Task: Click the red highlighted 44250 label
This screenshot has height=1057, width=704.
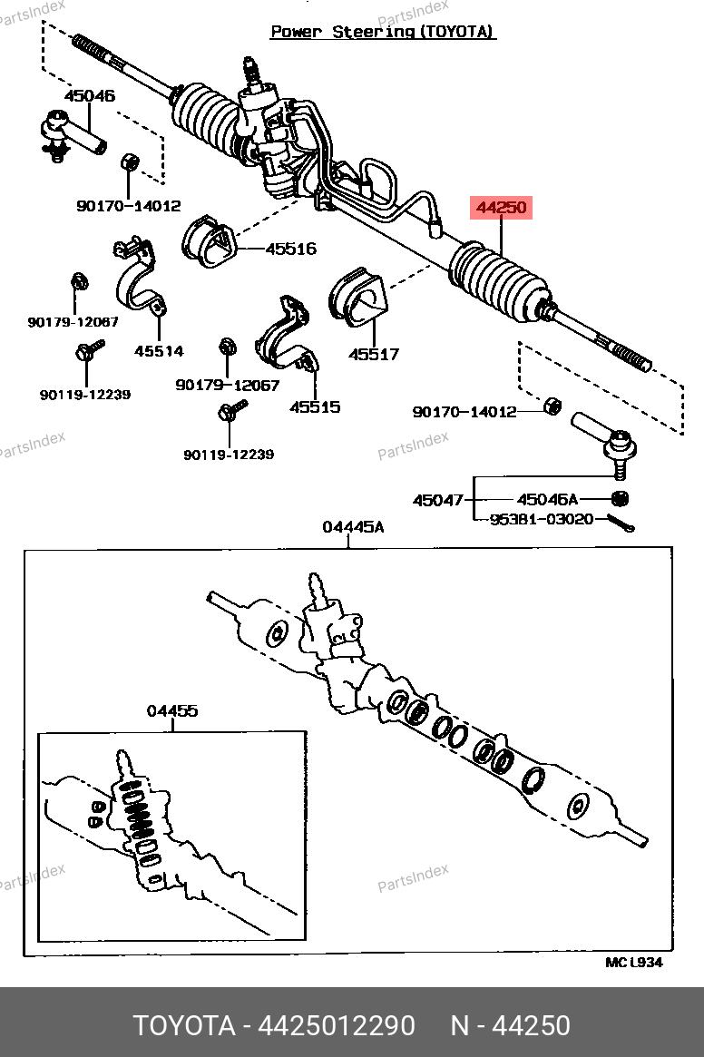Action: coord(501,208)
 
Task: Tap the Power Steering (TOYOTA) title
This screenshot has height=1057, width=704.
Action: coord(383,32)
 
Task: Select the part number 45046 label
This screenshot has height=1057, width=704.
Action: coord(89,95)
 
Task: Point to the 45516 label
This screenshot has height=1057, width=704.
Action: coord(290,248)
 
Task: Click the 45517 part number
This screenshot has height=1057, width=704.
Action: coord(374,355)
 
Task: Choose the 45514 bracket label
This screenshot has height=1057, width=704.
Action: coord(159,351)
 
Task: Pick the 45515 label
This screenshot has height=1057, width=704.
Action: coord(315,406)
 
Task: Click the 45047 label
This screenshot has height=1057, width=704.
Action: coord(438,500)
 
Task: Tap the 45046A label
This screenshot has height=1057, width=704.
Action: coord(547,499)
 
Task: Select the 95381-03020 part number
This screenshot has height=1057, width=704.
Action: coord(543,519)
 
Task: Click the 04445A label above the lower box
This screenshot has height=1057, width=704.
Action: coord(353,527)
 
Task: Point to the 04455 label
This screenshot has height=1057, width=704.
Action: coord(172,711)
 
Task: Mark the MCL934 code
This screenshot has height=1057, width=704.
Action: coord(633,962)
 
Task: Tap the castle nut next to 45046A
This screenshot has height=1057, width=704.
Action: coord(621,498)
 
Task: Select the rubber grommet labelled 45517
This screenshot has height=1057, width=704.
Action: coord(356,297)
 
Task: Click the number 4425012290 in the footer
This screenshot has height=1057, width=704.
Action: coord(337,1025)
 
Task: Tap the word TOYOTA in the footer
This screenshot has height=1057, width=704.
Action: coord(185,1025)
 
